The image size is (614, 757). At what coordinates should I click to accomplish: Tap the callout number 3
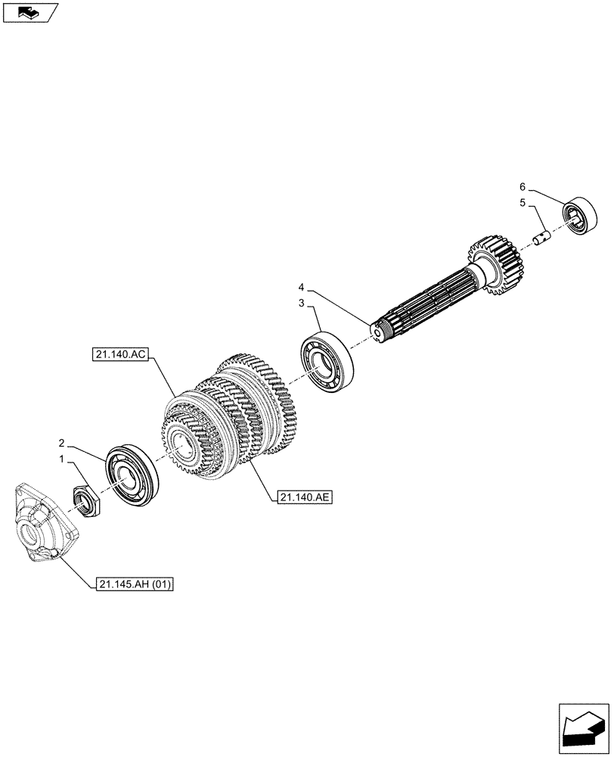[x=300, y=303]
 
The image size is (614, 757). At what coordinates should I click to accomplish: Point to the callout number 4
[x=301, y=288]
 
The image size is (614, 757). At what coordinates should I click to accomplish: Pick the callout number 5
[x=522, y=203]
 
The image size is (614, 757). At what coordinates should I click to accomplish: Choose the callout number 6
[x=522, y=185]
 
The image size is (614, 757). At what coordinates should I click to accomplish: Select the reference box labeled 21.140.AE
[x=305, y=497]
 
